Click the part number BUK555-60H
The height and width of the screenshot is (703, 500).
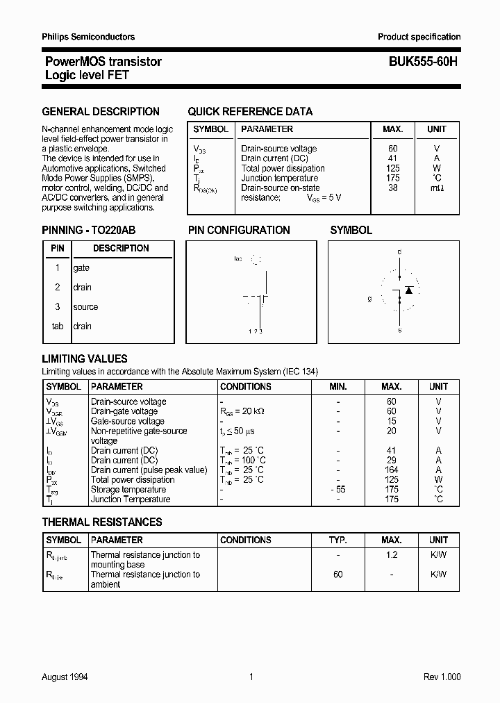tap(418, 62)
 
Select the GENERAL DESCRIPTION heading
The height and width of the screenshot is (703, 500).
tap(101, 111)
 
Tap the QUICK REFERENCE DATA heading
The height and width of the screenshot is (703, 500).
tap(250, 111)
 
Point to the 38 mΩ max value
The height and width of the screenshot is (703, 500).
tap(393, 188)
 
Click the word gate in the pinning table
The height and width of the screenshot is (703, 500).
tap(81, 268)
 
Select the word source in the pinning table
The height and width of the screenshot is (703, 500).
tap(85, 307)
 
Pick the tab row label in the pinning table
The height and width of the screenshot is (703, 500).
tap(57, 326)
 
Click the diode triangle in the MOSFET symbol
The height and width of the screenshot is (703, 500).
tap(409, 289)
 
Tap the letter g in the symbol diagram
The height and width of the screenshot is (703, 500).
tap(370, 299)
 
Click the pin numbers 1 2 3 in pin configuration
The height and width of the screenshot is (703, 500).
tap(255, 331)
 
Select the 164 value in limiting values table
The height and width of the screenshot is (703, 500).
tap(392, 470)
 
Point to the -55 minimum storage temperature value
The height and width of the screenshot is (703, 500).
tap(337, 490)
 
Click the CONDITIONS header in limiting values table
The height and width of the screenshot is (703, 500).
tap(245, 386)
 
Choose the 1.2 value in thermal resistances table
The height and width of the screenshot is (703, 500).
tap(392, 555)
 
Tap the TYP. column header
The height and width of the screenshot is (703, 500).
tap(337, 540)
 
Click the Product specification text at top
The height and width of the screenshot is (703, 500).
tap(419, 37)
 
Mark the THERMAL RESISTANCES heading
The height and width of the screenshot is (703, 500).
tap(102, 522)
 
